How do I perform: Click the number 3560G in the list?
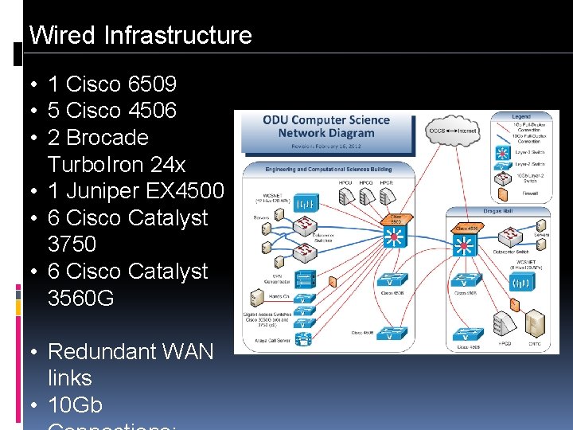pos(80,298)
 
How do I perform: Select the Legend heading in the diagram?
pos(521,117)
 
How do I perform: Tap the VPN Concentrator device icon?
pos(303,280)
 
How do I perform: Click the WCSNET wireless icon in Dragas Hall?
pos(521,282)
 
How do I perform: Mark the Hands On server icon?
pos(258,299)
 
